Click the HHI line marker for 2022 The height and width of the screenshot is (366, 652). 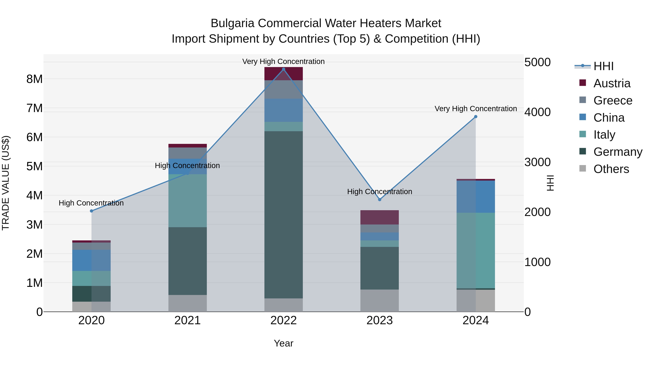pyautogui.click(x=283, y=69)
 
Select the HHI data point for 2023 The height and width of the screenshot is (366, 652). pyautogui.click(x=380, y=200)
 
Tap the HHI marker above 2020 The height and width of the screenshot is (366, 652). pyautogui.click(x=91, y=211)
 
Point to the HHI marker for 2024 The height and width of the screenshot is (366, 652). pyautogui.click(x=476, y=117)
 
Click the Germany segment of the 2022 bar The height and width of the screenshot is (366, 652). pyautogui.click(x=283, y=215)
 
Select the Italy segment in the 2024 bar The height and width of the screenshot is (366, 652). pyautogui.click(x=476, y=250)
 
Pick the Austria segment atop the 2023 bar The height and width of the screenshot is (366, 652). pyautogui.click(x=380, y=217)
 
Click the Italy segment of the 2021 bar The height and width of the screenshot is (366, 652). pyautogui.click(x=188, y=201)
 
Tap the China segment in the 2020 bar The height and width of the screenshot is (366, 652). pyautogui.click(x=91, y=260)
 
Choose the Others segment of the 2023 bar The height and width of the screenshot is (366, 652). pyautogui.click(x=380, y=301)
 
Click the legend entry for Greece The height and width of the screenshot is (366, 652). pyautogui.click(x=613, y=100)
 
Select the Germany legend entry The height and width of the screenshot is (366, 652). pyautogui.click(x=618, y=152)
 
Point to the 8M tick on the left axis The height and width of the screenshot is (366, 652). pyautogui.click(x=34, y=79)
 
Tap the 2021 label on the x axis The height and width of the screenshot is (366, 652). pyautogui.click(x=188, y=320)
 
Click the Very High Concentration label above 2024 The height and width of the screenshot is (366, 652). pyautogui.click(x=476, y=109)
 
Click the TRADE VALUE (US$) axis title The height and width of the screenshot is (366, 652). pyautogui.click(x=6, y=183)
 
